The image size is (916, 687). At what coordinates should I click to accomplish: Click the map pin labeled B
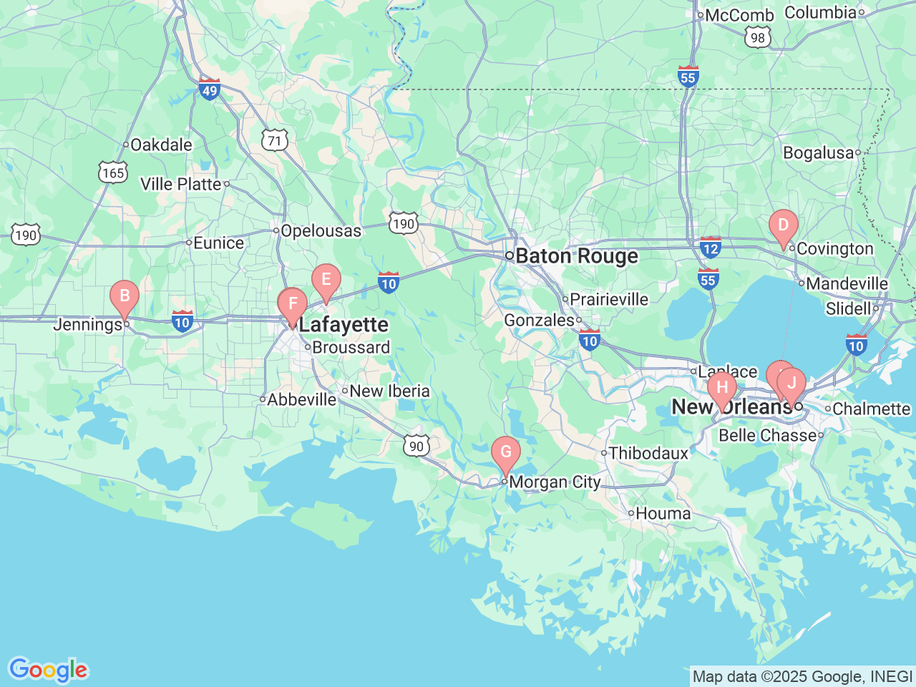125,296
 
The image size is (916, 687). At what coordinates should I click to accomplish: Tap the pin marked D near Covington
783,226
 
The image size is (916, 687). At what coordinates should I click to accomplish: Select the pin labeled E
326,280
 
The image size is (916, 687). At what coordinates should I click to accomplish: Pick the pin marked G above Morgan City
506,452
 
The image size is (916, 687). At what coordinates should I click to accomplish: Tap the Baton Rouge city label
577,256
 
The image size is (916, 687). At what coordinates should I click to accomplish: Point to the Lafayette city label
343,325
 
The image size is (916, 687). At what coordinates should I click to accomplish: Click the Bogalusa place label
819,152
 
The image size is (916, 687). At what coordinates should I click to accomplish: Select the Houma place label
663,513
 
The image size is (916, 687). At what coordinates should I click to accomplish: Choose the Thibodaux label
648,453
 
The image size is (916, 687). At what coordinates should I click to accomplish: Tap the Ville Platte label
181,184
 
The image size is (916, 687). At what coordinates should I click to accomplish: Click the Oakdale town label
161,145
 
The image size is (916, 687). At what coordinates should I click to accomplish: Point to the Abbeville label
301,399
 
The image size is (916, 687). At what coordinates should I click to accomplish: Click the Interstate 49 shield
209,90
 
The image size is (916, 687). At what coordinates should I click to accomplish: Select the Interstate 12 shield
710,248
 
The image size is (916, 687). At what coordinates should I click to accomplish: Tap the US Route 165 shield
113,172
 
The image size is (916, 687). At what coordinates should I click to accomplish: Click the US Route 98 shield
758,38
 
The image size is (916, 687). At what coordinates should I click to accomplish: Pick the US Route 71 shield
275,140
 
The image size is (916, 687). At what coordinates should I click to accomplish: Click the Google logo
48,671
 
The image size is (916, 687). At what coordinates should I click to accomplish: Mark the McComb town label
739,15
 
